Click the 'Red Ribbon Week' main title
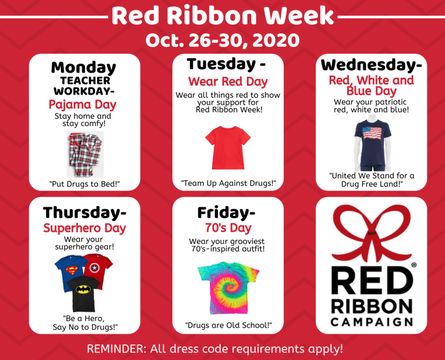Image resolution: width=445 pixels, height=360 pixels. pos(223,16)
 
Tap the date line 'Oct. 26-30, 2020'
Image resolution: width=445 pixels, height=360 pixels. pos(222,41)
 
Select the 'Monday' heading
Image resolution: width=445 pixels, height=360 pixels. pos(83,68)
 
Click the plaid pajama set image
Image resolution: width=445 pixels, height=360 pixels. pos(85,154)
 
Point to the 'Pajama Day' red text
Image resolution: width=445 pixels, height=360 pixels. pos(82,105)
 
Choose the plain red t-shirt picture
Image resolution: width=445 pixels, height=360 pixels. pos(228,147)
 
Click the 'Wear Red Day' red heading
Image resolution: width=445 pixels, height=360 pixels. pos(228,82)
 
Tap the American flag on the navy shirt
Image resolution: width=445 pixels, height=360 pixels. pos(372,133)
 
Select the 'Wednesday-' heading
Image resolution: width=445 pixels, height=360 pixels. pos(371,65)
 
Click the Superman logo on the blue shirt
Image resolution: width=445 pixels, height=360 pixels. pos(72,271)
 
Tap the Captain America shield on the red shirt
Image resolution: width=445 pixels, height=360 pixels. pos(94,268)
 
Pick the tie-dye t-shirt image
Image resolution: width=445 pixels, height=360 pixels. pos(228,288)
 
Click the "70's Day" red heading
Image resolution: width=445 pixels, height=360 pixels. pos(228,228)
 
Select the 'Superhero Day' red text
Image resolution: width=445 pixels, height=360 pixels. pos(85,228)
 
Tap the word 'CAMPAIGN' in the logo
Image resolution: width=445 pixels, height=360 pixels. pos(371,322)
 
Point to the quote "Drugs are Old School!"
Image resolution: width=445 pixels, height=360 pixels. pos(228,325)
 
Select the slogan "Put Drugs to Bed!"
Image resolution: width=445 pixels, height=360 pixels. pos(84,184)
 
